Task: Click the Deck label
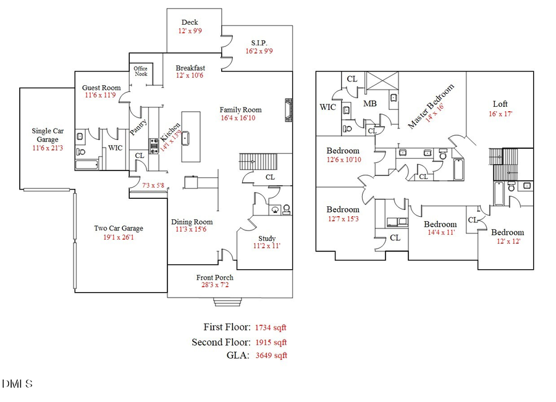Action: (190, 23)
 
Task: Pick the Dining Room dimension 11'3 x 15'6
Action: (191, 230)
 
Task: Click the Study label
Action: (267, 238)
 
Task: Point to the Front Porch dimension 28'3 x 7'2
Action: (214, 287)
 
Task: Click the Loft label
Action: (500, 104)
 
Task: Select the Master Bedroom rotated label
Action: (431, 106)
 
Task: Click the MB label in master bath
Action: (370, 103)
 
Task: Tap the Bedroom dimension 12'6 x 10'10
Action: (343, 160)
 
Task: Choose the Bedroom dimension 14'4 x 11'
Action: (440, 233)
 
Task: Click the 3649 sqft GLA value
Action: (271, 356)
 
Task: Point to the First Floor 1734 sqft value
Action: (271, 328)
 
